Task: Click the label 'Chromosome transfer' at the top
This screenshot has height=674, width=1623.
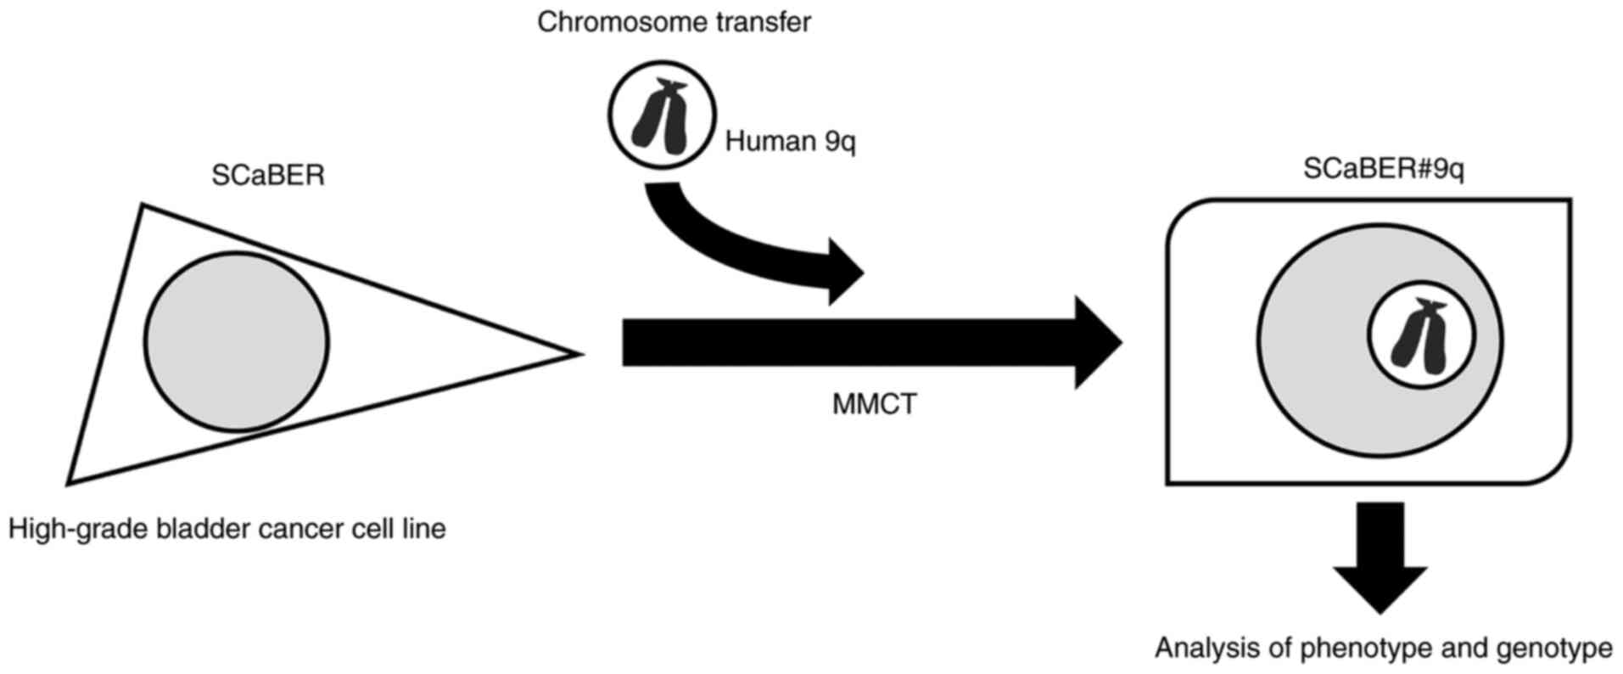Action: coord(674,22)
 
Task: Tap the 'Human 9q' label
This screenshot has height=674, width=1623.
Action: coord(790,141)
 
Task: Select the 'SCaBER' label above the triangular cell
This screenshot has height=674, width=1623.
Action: coord(268,175)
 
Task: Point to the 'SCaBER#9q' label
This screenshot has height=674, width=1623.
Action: coord(1383,169)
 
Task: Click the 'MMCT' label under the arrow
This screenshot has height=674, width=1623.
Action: coord(875,404)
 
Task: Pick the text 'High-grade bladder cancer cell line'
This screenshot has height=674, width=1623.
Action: coord(227,529)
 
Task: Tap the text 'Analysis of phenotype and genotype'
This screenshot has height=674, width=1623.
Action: coord(1383,649)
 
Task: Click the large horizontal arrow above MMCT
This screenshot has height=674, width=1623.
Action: coord(848,343)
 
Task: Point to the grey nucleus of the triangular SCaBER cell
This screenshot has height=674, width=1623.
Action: coord(236,341)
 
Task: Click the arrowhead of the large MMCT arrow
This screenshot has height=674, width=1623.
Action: coord(1099,343)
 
